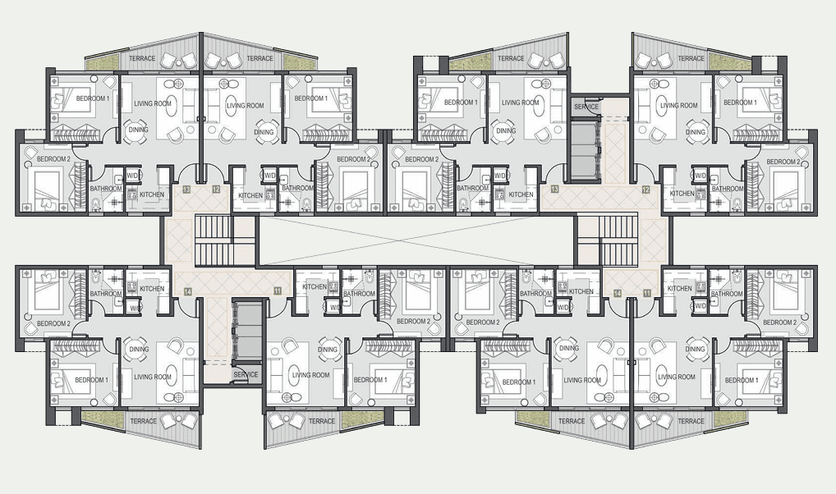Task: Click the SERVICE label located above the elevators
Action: click(586, 107)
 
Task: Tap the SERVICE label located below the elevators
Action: click(246, 375)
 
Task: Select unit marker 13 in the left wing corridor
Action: click(186, 190)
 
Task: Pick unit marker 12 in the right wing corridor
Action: click(645, 190)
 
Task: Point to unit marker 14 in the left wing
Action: click(188, 291)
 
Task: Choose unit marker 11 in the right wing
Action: click(647, 293)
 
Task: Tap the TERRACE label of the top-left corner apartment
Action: click(142, 58)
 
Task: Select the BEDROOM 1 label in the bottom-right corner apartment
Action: click(740, 381)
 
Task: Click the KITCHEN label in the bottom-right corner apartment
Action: click(680, 288)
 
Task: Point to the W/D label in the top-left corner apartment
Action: click(132, 176)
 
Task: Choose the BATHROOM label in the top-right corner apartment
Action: click(728, 189)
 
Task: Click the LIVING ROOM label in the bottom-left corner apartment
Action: click(153, 377)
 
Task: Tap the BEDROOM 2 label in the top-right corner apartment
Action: click(783, 162)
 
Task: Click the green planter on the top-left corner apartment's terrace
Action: click(103, 63)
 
